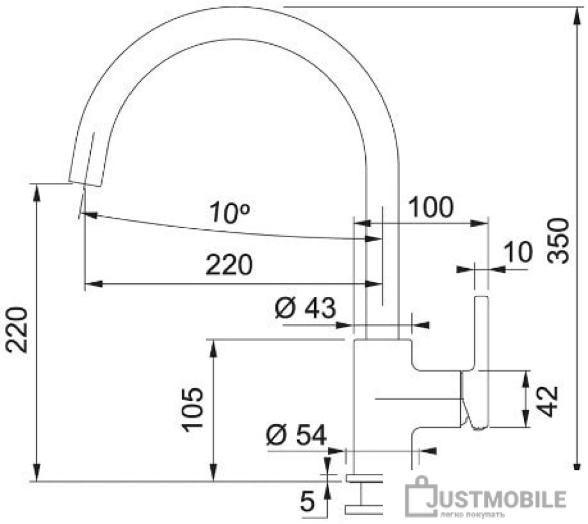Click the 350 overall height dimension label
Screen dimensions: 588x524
tap(559, 241)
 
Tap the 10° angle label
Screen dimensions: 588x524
tap(229, 213)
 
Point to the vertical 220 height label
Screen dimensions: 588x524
tap(17, 330)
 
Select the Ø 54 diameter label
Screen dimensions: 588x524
tap(296, 435)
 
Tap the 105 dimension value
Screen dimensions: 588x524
tap(192, 410)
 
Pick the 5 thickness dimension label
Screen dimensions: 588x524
tap(307, 502)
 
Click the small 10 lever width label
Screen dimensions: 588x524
tap(518, 252)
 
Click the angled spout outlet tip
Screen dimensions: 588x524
tap(85, 183)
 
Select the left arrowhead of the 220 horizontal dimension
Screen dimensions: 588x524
tap(94, 284)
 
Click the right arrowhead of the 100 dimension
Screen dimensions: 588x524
tap(479, 223)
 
